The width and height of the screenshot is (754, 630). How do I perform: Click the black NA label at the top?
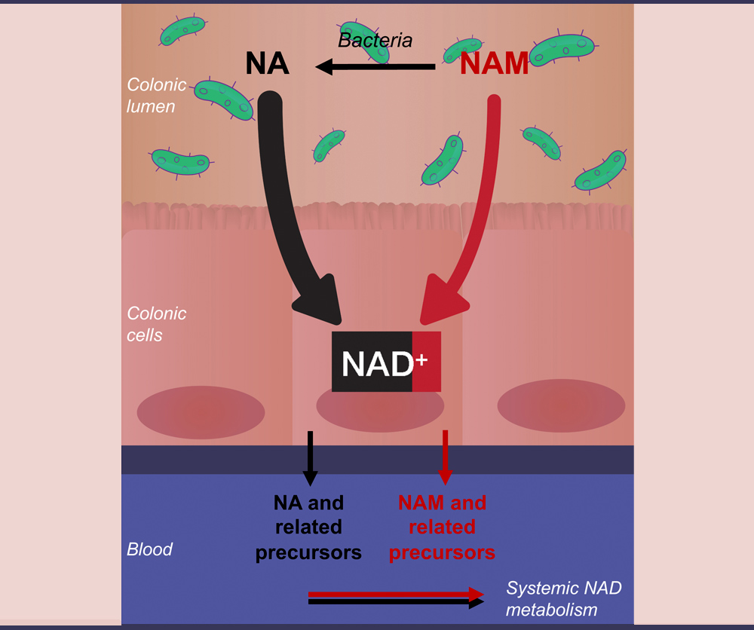coord(267,63)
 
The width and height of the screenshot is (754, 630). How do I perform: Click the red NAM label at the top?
coord(495,65)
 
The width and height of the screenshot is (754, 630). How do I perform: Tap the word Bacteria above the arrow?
coord(375,40)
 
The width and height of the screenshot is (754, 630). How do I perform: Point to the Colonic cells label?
coord(156,323)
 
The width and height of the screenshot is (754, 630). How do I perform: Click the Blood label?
coord(149,549)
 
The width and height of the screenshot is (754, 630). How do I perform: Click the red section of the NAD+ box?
coord(426,362)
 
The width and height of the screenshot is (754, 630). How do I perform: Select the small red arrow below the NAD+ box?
coord(445,457)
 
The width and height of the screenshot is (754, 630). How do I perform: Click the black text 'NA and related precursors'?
coord(308,527)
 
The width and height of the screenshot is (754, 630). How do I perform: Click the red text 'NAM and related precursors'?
coord(442,527)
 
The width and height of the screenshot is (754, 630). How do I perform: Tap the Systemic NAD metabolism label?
coord(563,598)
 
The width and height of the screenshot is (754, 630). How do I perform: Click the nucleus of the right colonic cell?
coord(561,405)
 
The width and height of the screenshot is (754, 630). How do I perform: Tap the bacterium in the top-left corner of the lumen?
coord(182,31)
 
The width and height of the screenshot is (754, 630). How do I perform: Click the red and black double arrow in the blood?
coord(396,597)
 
